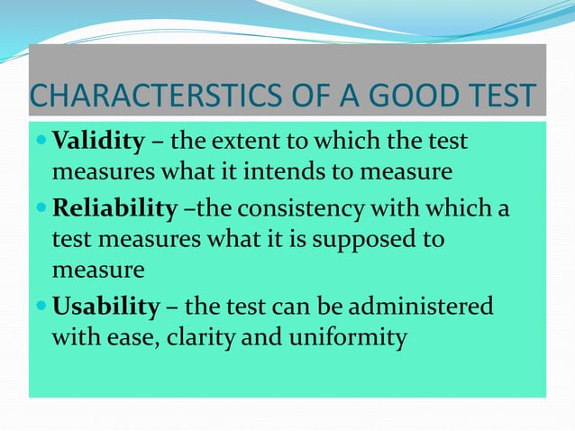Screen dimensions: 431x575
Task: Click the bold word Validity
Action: pos(98,142)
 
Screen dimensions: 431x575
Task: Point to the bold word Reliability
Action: pos(114,210)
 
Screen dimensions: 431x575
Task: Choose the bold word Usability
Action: pos(105,307)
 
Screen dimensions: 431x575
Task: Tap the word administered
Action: pos(430,307)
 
